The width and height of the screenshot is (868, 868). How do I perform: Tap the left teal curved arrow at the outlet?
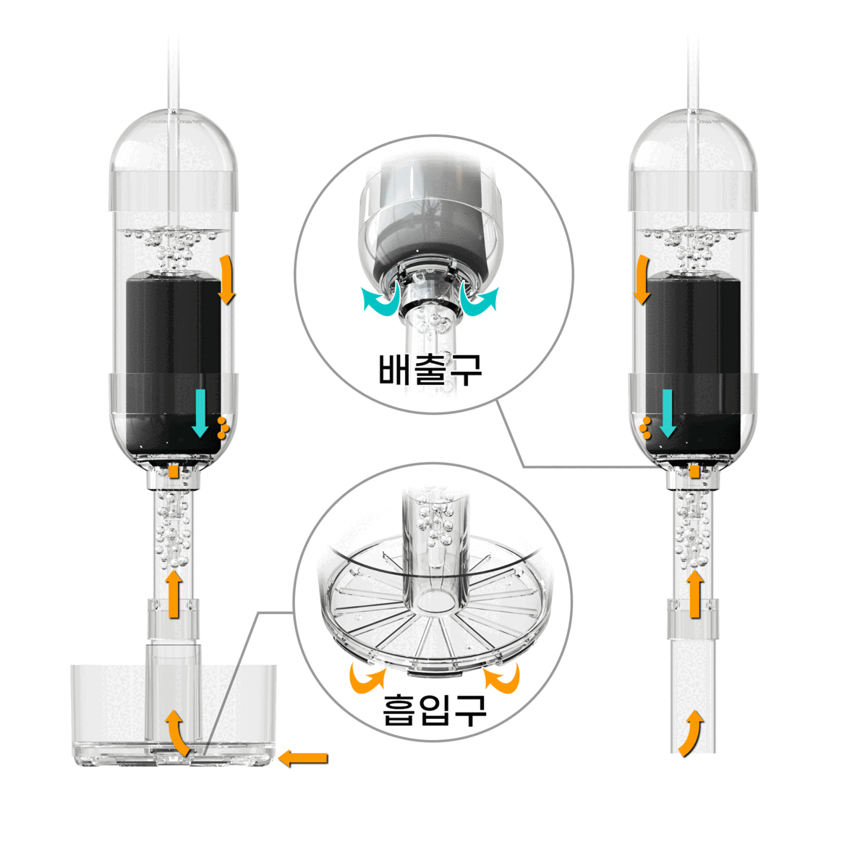[381, 298]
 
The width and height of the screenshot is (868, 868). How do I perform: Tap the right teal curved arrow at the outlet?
[479, 298]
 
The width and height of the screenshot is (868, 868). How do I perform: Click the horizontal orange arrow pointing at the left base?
[302, 758]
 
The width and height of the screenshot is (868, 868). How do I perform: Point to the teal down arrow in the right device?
[668, 413]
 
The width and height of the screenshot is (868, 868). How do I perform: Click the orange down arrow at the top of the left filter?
[226, 278]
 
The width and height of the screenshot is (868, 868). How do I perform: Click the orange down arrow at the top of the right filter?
[642, 278]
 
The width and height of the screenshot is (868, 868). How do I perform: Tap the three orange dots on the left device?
[224, 427]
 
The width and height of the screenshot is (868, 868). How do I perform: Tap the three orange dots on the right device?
[645, 427]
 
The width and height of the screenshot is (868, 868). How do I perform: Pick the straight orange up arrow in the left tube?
[174, 593]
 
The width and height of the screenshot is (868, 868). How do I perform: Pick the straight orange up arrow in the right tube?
[695, 593]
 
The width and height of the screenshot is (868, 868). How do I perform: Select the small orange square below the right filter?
[695, 471]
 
